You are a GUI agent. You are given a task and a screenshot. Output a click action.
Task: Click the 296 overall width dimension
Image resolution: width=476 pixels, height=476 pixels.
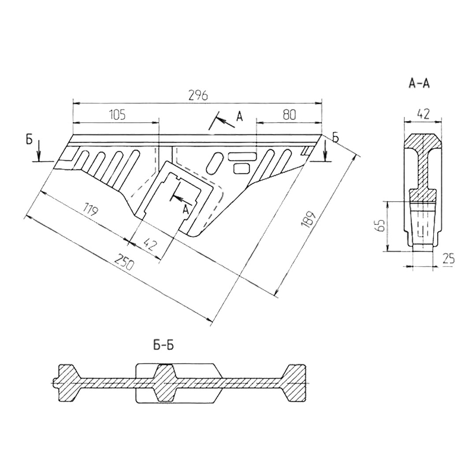tap(198, 95)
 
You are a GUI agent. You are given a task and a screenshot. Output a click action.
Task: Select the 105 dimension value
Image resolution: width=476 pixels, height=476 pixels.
tap(117, 115)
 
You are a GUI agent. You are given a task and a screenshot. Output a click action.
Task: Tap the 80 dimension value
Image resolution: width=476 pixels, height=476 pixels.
tap(289, 115)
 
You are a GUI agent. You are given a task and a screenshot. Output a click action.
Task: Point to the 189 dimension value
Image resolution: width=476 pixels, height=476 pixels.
tap(309, 219)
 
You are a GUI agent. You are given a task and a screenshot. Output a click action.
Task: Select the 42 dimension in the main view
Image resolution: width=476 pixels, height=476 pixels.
tap(149, 243)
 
